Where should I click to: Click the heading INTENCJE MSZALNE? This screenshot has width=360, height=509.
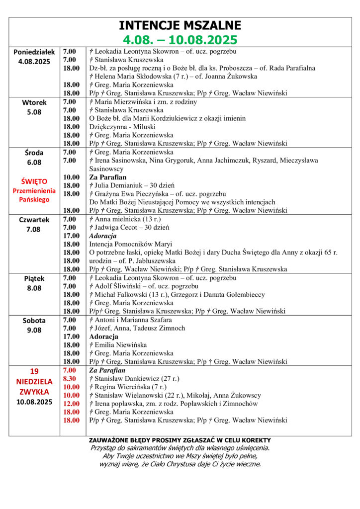click(x=180, y=26)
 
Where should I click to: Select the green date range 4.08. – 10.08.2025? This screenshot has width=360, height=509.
click(x=180, y=39)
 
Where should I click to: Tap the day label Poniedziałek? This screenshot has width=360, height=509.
click(x=34, y=52)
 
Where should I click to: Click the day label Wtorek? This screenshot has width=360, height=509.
click(x=34, y=102)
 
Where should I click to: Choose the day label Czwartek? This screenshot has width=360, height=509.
click(x=34, y=219)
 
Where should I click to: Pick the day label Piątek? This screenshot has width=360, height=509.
click(x=34, y=278)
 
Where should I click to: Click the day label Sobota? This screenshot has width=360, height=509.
click(x=34, y=321)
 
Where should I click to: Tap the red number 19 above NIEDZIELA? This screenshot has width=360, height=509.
click(x=34, y=371)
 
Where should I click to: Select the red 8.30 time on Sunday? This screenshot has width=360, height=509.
click(x=69, y=379)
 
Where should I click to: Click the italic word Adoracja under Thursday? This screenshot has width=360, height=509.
click(x=103, y=236)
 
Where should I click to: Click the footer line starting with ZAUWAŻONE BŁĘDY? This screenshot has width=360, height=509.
click(x=180, y=440)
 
